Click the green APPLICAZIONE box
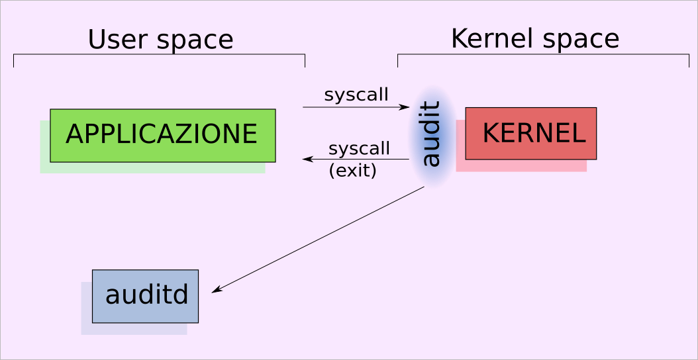click(162, 135)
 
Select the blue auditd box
click(145, 295)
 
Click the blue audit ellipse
click(432, 135)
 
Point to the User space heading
click(160, 40)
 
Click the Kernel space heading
click(534, 38)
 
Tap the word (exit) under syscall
click(352, 171)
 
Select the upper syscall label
click(356, 95)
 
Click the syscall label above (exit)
click(359, 148)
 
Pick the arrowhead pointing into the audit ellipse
click(405, 107)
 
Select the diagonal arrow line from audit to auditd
click(318, 240)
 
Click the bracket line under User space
click(159, 54)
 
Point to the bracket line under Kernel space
click(543, 54)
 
